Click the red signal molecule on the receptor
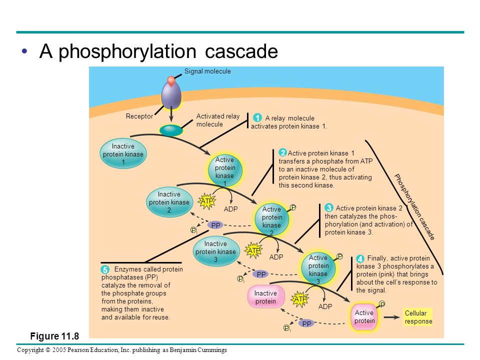[171, 81]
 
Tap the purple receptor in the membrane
[171, 95]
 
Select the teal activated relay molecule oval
[171, 130]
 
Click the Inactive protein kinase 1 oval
[123, 153]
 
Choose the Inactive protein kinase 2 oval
[169, 202]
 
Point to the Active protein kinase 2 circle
[272, 219]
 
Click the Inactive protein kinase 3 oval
[216, 251]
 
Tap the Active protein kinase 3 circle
[318, 268]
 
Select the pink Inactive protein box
[265, 297]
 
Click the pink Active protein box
[364, 317]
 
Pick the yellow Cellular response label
[418, 317]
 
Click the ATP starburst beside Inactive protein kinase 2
[206, 201]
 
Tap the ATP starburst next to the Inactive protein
[300, 299]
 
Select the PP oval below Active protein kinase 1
[215, 225]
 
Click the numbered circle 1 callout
[257, 117]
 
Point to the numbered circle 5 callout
[105, 269]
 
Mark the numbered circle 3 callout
[329, 208]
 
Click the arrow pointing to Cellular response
[392, 317]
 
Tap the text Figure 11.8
[54, 336]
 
